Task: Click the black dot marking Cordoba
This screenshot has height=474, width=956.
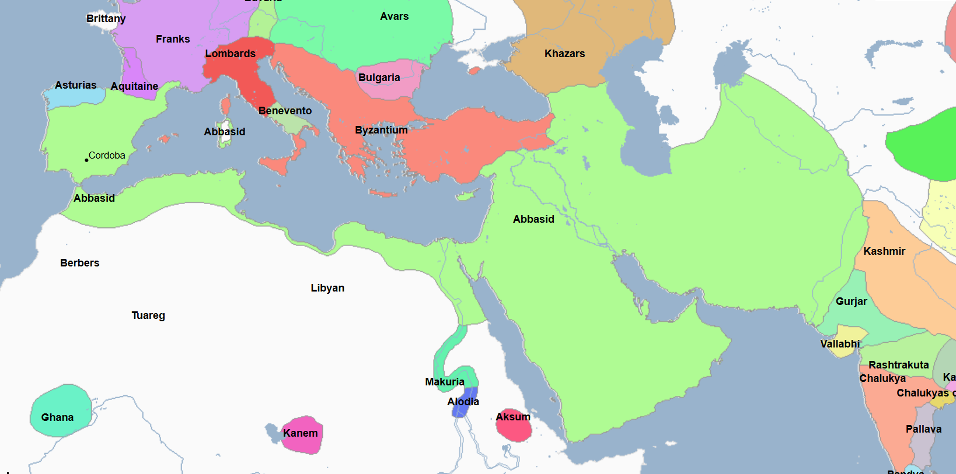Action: click(86, 160)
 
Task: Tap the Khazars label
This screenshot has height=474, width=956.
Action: click(564, 54)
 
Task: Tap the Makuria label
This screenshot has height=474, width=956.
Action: click(445, 382)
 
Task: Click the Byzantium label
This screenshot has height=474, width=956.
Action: click(381, 130)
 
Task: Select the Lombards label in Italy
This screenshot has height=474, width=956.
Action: click(230, 54)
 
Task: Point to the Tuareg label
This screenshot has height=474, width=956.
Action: click(148, 315)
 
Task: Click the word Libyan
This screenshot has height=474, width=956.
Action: click(327, 288)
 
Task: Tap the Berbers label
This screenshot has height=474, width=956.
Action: click(79, 263)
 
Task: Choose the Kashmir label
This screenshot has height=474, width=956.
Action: click(884, 251)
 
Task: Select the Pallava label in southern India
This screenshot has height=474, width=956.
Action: click(923, 429)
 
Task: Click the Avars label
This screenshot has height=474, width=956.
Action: click(394, 16)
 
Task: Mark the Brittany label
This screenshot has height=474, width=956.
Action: click(106, 19)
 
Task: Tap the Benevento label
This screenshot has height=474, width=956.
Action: click(285, 111)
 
